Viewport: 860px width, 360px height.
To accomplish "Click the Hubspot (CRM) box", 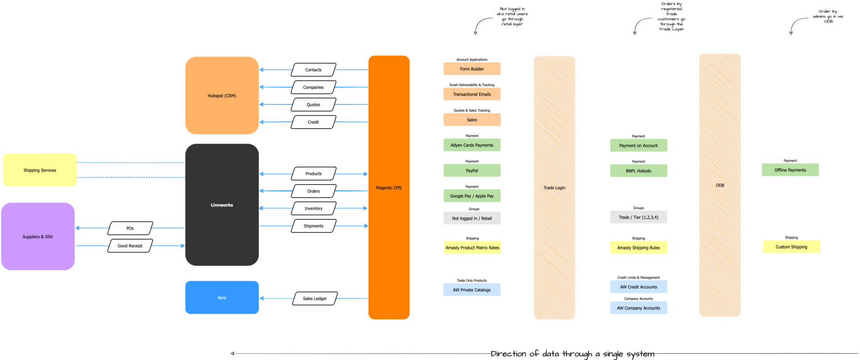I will pyautogui.click(x=222, y=95).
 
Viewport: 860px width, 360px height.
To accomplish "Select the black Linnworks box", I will pyautogui.click(x=222, y=205).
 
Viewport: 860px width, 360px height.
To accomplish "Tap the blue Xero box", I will pyautogui.click(x=222, y=297).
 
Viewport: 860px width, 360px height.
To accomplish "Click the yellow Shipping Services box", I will pyautogui.click(x=40, y=170).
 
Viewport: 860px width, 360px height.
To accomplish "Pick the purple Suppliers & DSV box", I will pyautogui.click(x=38, y=236).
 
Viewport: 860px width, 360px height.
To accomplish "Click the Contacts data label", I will pyautogui.click(x=313, y=70).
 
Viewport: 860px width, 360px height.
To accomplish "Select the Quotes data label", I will pyautogui.click(x=313, y=105).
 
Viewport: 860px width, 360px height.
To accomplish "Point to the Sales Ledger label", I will pyautogui.click(x=314, y=299).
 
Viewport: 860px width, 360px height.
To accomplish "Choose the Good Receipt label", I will pyautogui.click(x=130, y=246).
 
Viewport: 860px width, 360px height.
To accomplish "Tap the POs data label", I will pyautogui.click(x=130, y=228).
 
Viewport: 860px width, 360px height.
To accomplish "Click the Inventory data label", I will pyautogui.click(x=314, y=209).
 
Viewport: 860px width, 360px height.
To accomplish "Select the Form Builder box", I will pyautogui.click(x=472, y=69).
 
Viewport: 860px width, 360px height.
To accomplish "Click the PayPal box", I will pyautogui.click(x=472, y=171).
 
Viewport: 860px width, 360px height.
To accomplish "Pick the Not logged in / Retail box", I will pyautogui.click(x=472, y=219).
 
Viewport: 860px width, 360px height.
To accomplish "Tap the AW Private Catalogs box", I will pyautogui.click(x=472, y=290).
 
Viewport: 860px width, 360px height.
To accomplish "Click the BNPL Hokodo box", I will pyautogui.click(x=638, y=171).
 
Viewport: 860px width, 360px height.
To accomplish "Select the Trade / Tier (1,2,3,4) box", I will pyautogui.click(x=638, y=217).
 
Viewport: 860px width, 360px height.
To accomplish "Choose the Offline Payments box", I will pyautogui.click(x=790, y=170).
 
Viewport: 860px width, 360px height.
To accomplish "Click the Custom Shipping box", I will pyautogui.click(x=791, y=247).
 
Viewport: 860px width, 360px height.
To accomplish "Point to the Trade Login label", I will pyautogui.click(x=554, y=188).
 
